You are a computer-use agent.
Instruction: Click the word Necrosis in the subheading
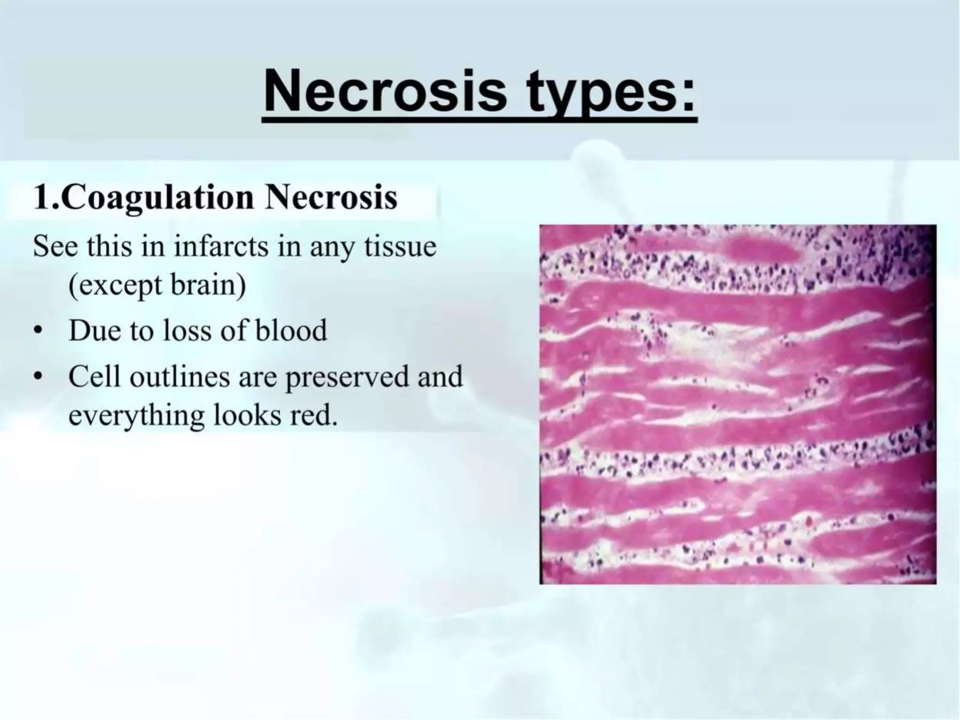click(x=330, y=198)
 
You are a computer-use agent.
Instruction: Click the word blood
click(x=291, y=330)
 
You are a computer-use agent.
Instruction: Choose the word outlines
click(x=180, y=376)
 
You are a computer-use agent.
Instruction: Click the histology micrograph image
click(x=737, y=404)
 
